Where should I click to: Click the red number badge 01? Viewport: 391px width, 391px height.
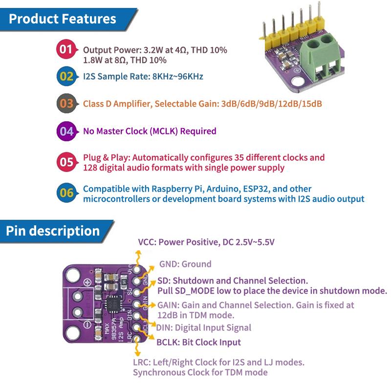pyautogui.click(x=65, y=49)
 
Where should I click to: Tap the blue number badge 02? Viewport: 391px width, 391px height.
pyautogui.click(x=65, y=76)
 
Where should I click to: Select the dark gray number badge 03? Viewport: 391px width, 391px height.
pyautogui.click(x=65, y=104)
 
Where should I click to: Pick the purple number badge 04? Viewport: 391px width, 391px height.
pyautogui.click(x=65, y=131)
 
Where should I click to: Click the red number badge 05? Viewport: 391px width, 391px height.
pyautogui.click(x=65, y=162)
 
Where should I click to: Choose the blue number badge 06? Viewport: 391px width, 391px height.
pyautogui.click(x=65, y=193)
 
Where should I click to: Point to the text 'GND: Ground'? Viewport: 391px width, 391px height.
pyautogui.click(x=185, y=264)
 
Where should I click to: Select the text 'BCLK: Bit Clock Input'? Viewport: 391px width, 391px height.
pyautogui.click(x=198, y=343)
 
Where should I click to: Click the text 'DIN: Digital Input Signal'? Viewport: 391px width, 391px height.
pyautogui.click(x=204, y=327)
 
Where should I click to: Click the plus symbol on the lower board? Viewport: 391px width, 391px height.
pyautogui.click(x=87, y=282)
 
